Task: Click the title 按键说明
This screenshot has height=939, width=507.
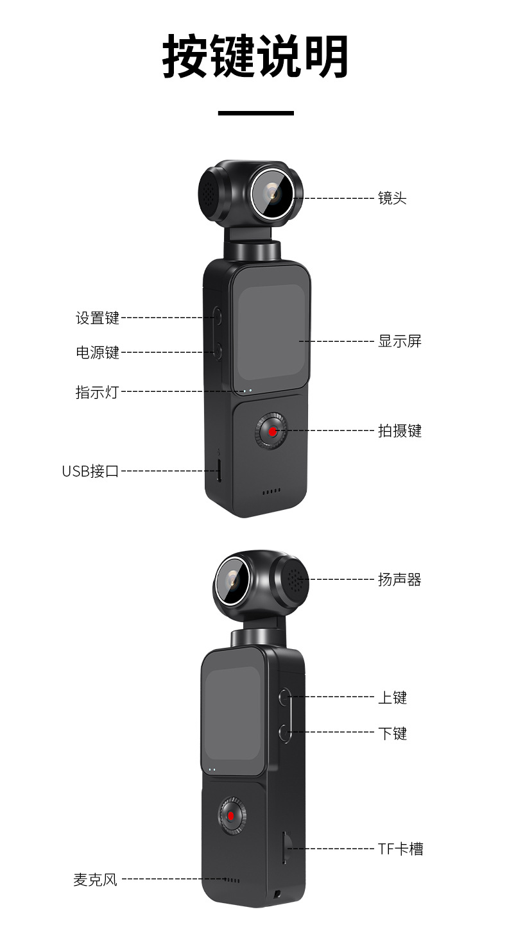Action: coord(255,56)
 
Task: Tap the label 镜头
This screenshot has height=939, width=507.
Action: coord(392,198)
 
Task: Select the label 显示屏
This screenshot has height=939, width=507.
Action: coord(399,341)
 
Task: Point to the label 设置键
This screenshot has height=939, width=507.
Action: coord(98,317)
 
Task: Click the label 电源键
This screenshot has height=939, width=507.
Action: coord(98,352)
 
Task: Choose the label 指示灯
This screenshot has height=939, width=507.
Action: coord(97,392)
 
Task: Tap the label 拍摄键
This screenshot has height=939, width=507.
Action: coord(399,431)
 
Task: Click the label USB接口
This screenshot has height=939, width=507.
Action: coord(90,471)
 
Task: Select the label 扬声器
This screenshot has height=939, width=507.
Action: coord(399,580)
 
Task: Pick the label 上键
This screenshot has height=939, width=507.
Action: coord(392,697)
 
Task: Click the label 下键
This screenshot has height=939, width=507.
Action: coord(392,732)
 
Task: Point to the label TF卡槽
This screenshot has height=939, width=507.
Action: coord(400,849)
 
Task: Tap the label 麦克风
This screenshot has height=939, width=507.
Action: coord(96,879)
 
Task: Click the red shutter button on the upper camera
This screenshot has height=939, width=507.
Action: coord(273,432)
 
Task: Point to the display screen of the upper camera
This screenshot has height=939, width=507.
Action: coord(271,332)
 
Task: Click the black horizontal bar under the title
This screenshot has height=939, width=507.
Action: coord(255,114)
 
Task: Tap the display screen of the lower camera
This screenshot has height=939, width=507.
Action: coord(233,712)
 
